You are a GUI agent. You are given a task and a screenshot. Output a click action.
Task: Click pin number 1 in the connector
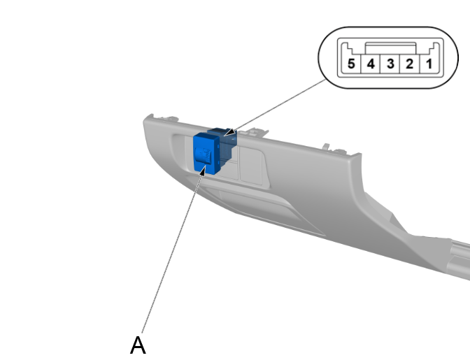pyautogui.click(x=429, y=64)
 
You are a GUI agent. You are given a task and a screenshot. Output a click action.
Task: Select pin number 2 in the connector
pyautogui.click(x=409, y=64)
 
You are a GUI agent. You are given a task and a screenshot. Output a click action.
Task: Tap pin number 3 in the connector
pyautogui.click(x=390, y=64)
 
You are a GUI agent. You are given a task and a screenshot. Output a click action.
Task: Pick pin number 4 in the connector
pyautogui.click(x=370, y=64)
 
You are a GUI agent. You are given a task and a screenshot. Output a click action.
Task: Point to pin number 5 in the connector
pyautogui.click(x=350, y=64)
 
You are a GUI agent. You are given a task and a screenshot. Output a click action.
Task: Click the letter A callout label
pyautogui.click(x=138, y=345)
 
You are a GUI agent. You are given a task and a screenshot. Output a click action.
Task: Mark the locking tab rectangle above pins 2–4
pyautogui.click(x=390, y=47)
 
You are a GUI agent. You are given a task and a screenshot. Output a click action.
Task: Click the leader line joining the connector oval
pyautogui.click(x=280, y=105)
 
